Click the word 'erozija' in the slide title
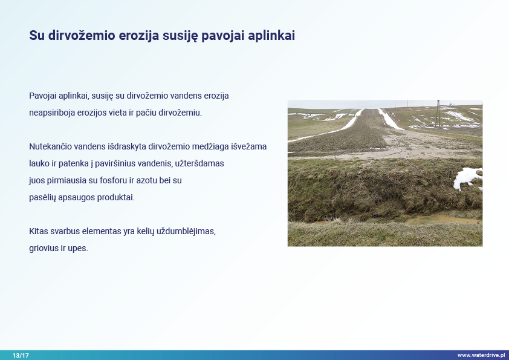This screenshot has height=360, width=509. click(x=138, y=36)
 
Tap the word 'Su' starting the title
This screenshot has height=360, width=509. click(x=37, y=36)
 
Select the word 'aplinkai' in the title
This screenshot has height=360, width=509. click(x=271, y=36)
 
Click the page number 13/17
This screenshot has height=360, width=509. click(x=21, y=355)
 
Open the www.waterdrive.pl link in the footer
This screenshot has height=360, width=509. click(x=481, y=355)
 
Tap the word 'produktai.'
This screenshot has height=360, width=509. click(x=116, y=197)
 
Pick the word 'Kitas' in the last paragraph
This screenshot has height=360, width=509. click(x=38, y=231)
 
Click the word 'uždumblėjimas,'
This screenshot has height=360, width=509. click(x=186, y=231)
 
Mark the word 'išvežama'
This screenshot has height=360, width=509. click(x=248, y=146)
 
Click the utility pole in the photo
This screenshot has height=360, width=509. click(x=438, y=114)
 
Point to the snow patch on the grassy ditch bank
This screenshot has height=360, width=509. click(x=468, y=178)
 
